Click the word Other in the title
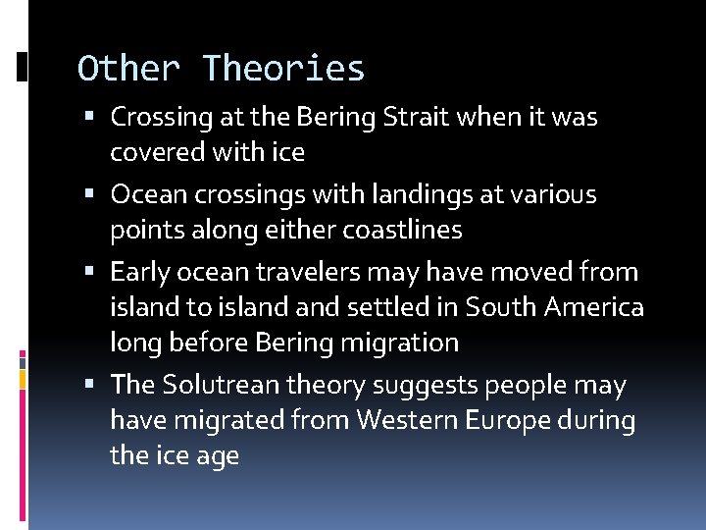pyautogui.click(x=129, y=69)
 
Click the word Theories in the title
pyautogui.click(x=283, y=69)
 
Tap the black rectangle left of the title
pyautogui.click(x=22, y=66)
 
